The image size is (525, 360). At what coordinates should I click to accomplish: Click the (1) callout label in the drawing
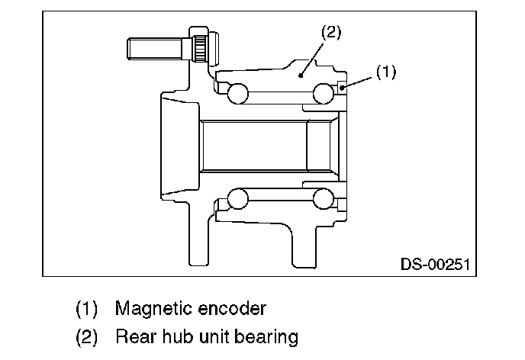point(387,72)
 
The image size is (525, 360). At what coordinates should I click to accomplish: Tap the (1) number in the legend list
point(86,309)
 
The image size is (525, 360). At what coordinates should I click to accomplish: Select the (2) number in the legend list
point(86,336)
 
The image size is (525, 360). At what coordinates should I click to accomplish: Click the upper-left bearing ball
point(238,93)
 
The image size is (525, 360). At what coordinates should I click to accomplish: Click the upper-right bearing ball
point(325,93)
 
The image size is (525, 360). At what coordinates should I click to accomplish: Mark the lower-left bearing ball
point(238,200)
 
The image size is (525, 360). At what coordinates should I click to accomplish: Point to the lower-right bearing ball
point(325,200)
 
